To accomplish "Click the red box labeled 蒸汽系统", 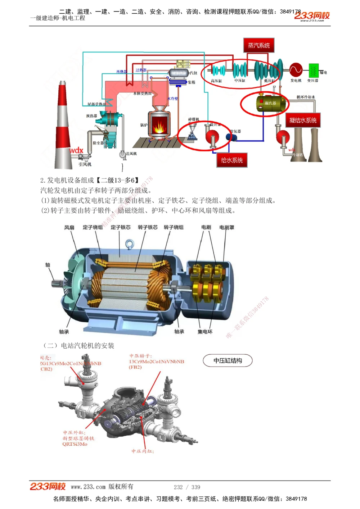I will point(258,45).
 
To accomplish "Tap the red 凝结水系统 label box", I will point(303,120).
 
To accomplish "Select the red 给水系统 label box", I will point(232,160).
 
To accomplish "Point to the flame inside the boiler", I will point(158,126).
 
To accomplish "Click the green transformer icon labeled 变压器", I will point(314,70).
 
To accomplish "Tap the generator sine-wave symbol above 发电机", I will point(296,70).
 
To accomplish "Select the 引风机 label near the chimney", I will point(85,164).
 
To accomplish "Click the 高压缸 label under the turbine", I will point(216,81).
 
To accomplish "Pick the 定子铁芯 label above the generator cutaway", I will point(121,227).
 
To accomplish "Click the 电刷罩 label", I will point(227,227).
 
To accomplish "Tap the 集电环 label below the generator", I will point(205,332).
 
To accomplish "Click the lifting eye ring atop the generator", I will point(130,245).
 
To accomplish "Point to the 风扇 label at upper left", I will point(69,227).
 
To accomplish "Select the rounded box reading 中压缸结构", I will point(228,360).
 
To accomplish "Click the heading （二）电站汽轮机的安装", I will point(78,346).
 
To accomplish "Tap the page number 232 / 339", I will point(187,487).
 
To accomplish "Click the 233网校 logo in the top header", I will point(312,16).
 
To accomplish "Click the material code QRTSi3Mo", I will point(75,444).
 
